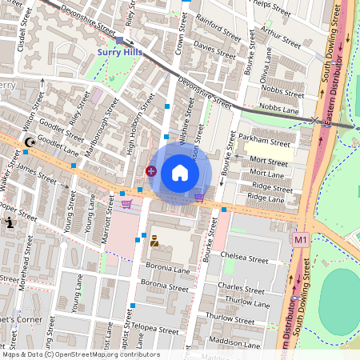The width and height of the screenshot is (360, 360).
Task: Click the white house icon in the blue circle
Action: tap(180, 173)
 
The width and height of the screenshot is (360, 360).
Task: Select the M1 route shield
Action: tap(301, 238)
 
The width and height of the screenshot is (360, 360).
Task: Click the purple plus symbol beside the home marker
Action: tap(151, 170)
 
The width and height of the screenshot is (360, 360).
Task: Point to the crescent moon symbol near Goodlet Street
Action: tap(30, 142)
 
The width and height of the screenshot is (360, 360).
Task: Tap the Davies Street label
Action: tap(215, 51)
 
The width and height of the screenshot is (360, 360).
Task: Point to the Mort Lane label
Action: tap(266, 173)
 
